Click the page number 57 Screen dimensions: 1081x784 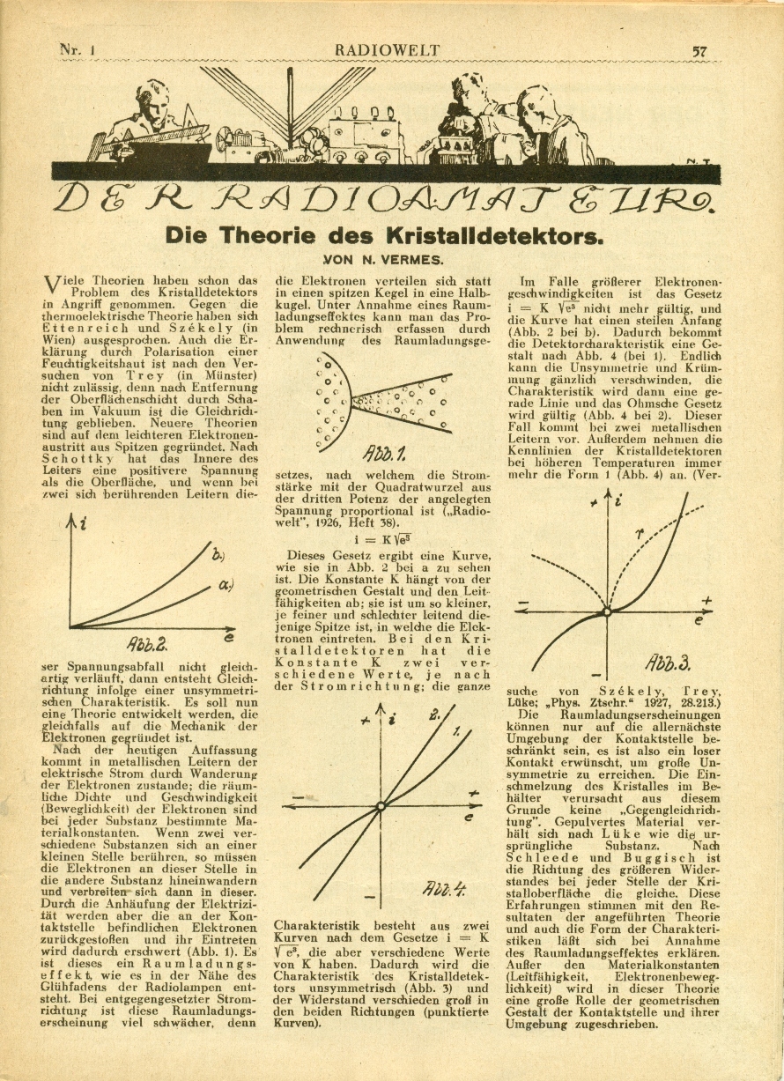coord(700,52)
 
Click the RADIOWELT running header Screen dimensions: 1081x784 coord(387,51)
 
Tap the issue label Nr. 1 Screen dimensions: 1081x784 coord(77,51)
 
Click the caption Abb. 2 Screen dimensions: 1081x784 coord(152,641)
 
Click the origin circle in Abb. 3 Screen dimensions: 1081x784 coord(606,611)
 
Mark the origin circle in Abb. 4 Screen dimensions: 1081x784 coord(381,805)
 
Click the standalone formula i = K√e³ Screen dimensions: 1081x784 coord(383,539)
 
